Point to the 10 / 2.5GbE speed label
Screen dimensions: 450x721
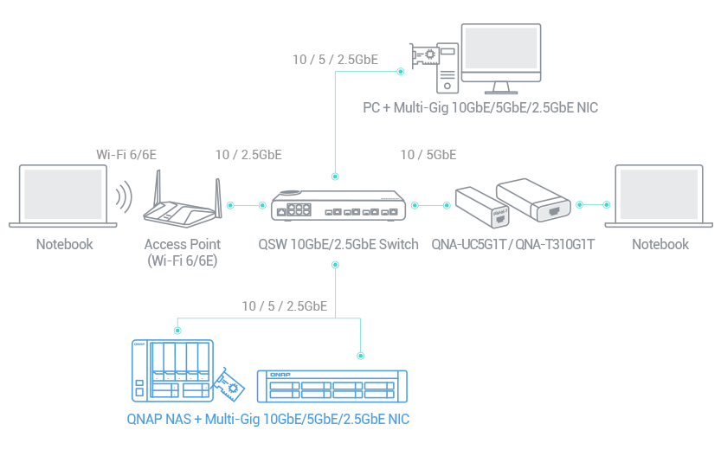248,155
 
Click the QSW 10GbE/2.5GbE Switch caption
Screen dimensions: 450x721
338,244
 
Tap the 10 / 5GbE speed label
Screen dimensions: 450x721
428,155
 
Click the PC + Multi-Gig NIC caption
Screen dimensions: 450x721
480,108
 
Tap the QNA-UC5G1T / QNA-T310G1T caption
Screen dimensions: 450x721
512,244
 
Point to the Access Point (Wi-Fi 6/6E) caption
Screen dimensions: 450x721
183,251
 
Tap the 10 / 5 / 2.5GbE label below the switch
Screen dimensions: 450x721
284,305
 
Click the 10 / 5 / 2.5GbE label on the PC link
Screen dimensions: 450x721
335,60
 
